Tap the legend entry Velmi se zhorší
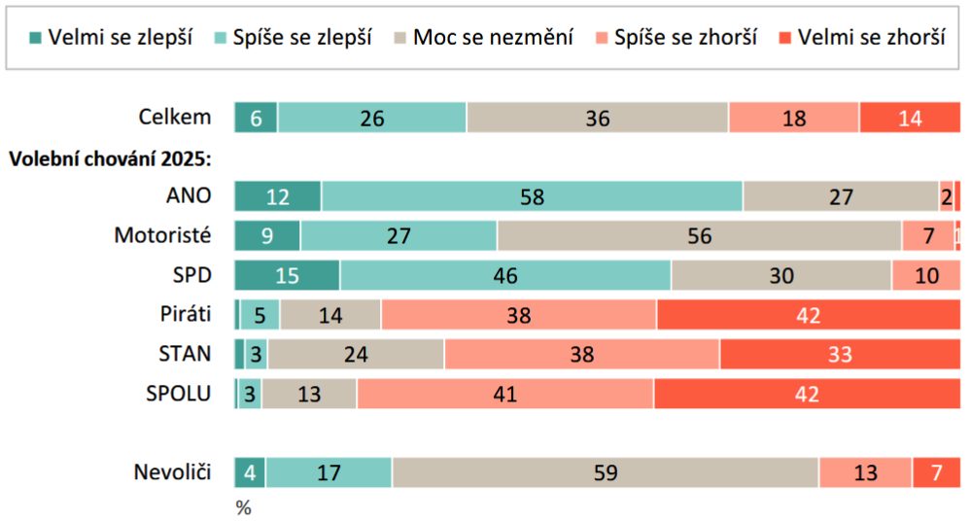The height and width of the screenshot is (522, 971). tap(860, 39)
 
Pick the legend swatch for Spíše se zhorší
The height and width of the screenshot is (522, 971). tap(600, 39)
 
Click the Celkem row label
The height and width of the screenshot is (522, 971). tap(175, 118)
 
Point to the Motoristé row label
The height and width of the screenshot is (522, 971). tap(162, 235)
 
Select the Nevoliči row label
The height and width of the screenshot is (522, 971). tap(172, 472)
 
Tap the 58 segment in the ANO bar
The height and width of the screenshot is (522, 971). tap(532, 196)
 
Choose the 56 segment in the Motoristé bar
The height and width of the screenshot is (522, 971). tap(699, 236)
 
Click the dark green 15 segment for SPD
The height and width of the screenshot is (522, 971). tap(287, 275)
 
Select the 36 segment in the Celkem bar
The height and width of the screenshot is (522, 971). tap(597, 118)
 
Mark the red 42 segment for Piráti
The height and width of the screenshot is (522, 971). tap(808, 315)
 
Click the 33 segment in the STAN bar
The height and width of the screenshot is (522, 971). tap(840, 355)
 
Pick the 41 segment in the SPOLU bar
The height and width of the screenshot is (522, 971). tap(504, 394)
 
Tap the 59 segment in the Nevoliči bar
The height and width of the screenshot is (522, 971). tap(605, 472)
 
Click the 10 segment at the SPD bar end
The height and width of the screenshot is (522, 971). tap(926, 275)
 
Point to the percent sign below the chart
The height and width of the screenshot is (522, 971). tap(243, 507)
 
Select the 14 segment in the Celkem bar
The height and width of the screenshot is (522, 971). tap(910, 118)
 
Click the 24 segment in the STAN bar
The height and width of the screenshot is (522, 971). tap(356, 355)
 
